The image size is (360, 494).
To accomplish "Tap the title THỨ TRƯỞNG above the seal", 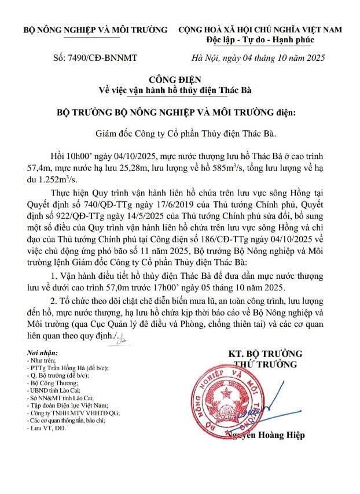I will [265, 364].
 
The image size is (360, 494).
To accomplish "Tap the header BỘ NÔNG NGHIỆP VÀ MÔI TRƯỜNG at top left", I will [95, 29].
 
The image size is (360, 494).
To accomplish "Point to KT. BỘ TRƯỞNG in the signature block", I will [265, 353].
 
